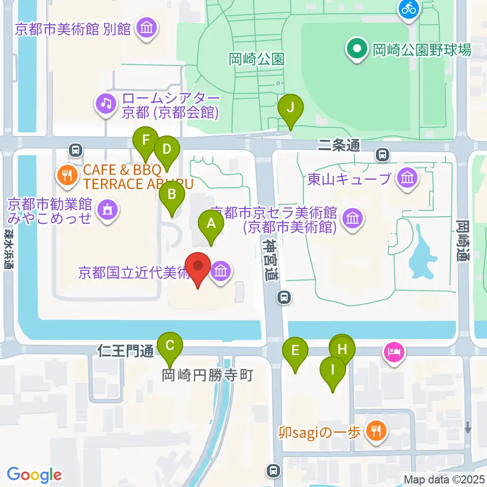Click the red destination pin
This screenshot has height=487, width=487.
(198, 267)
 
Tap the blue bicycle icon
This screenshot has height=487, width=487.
(408, 8)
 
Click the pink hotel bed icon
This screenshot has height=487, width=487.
(395, 351)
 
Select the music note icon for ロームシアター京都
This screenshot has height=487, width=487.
(106, 104)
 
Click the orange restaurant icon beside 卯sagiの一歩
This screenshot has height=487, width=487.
(376, 432)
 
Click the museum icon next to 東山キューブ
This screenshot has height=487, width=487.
(407, 178)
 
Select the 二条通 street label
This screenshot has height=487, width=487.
(339, 146)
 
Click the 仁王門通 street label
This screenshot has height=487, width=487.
(125, 351)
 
